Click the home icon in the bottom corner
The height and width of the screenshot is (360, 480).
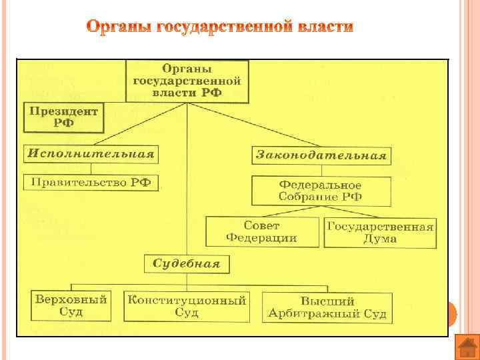point(466,347)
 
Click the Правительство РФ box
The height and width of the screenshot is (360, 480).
point(91,182)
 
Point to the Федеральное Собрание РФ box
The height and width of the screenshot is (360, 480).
point(320,191)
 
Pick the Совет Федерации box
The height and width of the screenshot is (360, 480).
point(262,232)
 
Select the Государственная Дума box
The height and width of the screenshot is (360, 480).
point(380,232)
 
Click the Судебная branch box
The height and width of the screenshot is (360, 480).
point(187,263)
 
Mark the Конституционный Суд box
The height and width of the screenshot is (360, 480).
point(187,306)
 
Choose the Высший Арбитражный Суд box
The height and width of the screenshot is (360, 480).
point(327,307)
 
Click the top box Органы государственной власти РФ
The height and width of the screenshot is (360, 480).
point(187,81)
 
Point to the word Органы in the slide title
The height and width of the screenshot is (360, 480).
point(119,27)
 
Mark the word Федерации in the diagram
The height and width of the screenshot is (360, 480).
point(262,238)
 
